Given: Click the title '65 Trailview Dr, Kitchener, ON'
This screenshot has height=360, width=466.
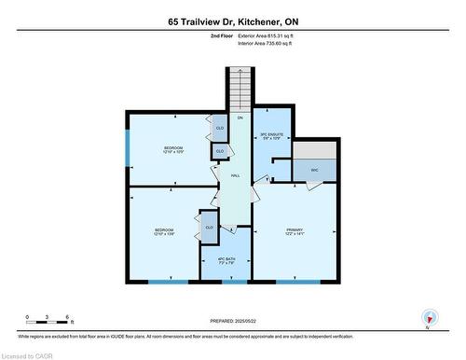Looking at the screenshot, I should coord(232,20).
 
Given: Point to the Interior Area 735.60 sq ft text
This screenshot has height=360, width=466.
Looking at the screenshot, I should coord(265,44).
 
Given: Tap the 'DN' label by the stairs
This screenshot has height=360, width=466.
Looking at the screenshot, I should coord(240,118).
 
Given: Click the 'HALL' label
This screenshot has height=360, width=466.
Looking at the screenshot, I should coord(238,174).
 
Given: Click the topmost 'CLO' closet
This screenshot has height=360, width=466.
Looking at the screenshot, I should coord(220,128).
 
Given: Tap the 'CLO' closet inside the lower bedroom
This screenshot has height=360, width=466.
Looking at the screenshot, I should coord(209,228).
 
